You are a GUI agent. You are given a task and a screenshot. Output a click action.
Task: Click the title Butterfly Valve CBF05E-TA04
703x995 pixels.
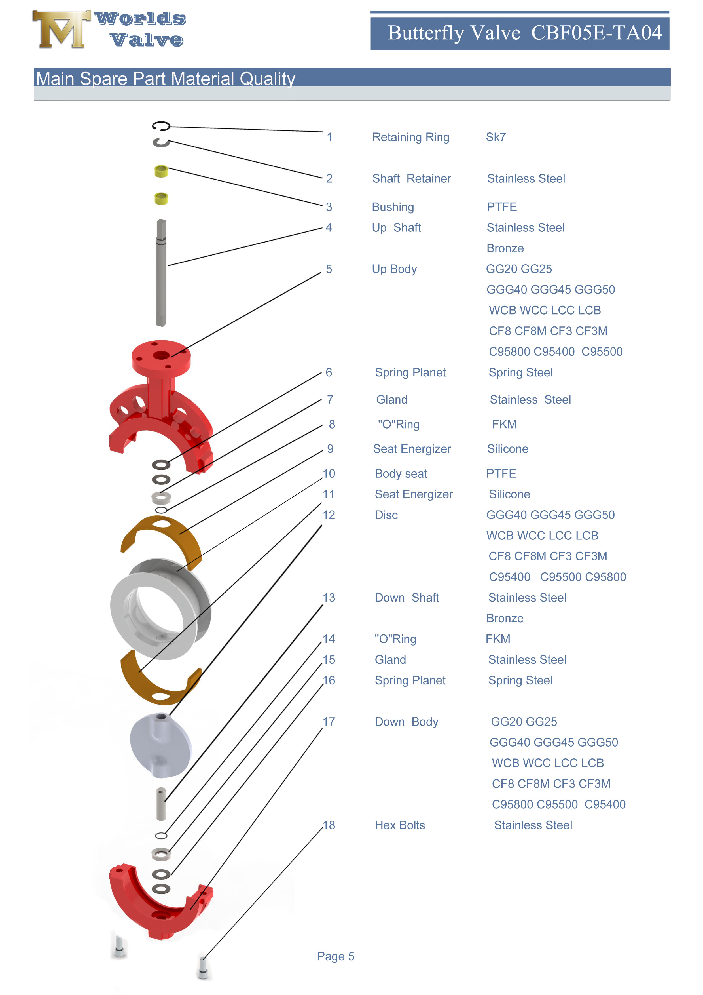point(524,33)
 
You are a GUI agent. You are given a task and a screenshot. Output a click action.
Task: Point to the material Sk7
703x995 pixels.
point(496,137)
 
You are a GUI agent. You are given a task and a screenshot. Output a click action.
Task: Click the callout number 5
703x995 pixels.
point(329,269)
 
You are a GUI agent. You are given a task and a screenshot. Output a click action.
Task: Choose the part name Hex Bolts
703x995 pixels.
point(399,825)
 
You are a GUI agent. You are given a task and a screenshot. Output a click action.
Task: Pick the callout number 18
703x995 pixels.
point(329,825)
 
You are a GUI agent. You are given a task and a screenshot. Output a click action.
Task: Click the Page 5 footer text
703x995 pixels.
point(335,956)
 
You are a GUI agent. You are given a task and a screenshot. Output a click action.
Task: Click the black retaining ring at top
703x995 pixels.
point(161,126)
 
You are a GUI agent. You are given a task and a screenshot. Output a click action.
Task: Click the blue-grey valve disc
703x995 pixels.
point(161,745)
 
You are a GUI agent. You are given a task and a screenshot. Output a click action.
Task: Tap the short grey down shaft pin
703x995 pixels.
point(161,804)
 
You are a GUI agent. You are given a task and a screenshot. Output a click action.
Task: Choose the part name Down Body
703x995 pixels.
point(406,722)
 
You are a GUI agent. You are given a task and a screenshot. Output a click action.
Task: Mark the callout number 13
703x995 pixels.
point(329,598)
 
